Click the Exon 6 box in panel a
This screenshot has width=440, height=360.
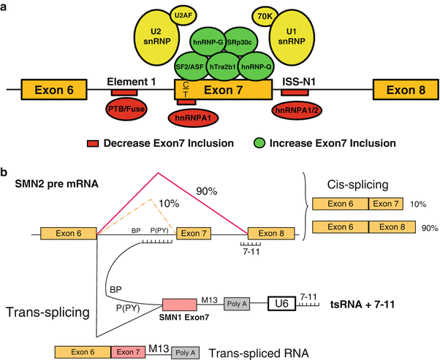[50, 90]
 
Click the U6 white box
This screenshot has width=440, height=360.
[281, 302]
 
